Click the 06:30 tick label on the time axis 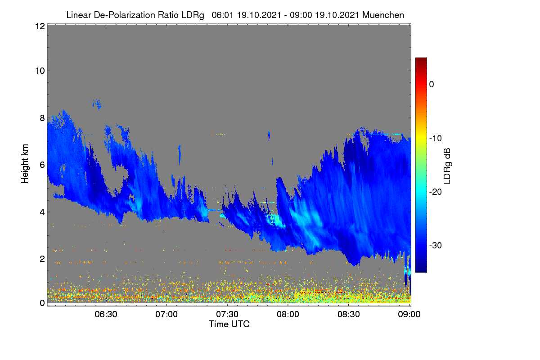[106, 315]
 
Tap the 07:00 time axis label [166, 315]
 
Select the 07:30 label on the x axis [227, 315]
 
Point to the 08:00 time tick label [288, 315]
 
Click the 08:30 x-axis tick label [349, 315]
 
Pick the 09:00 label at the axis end [409, 315]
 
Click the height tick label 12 [40, 26]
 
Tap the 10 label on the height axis [40, 71]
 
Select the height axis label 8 [42, 118]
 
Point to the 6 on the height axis [42, 165]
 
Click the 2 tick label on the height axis [42, 259]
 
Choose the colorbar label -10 [436, 139]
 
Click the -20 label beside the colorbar [436, 192]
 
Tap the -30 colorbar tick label [436, 245]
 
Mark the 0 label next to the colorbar [432, 85]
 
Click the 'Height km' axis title [25, 164]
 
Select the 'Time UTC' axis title [229, 324]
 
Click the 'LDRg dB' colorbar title [447, 166]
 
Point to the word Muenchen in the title [383, 15]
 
